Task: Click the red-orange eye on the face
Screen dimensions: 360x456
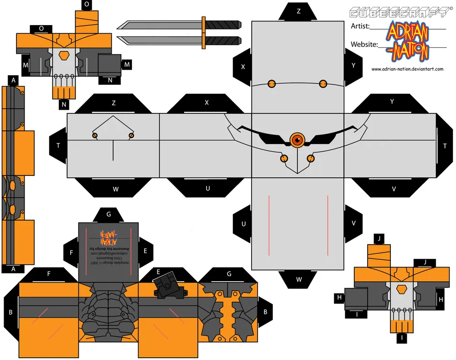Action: click(x=297, y=139)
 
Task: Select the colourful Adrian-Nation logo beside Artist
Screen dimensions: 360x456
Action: click(x=407, y=42)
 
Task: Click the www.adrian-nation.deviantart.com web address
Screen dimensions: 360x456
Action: click(x=407, y=69)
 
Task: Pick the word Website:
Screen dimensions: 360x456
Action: click(x=364, y=44)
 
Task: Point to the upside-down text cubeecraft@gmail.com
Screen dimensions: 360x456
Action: click(x=108, y=257)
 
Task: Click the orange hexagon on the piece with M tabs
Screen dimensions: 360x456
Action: click(x=66, y=55)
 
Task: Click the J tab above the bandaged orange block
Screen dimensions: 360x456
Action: click(x=379, y=238)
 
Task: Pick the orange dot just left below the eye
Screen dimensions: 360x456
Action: click(x=284, y=158)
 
